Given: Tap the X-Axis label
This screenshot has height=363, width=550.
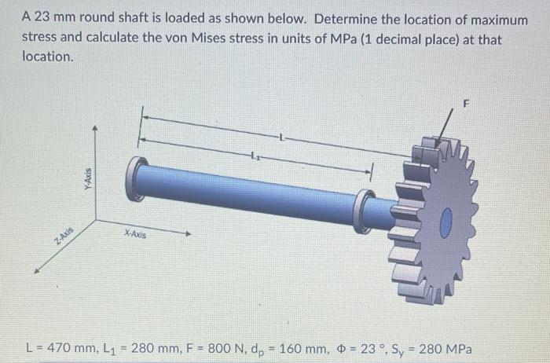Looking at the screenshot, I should pos(134,234).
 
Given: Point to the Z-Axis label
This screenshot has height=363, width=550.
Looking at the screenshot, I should pos(63,235).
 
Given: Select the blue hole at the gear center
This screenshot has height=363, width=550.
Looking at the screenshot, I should pos(446,224).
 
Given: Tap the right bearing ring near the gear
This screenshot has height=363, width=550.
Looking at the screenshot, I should pos(365,210).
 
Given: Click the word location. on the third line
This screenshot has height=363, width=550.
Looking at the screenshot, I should pos(49,57).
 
